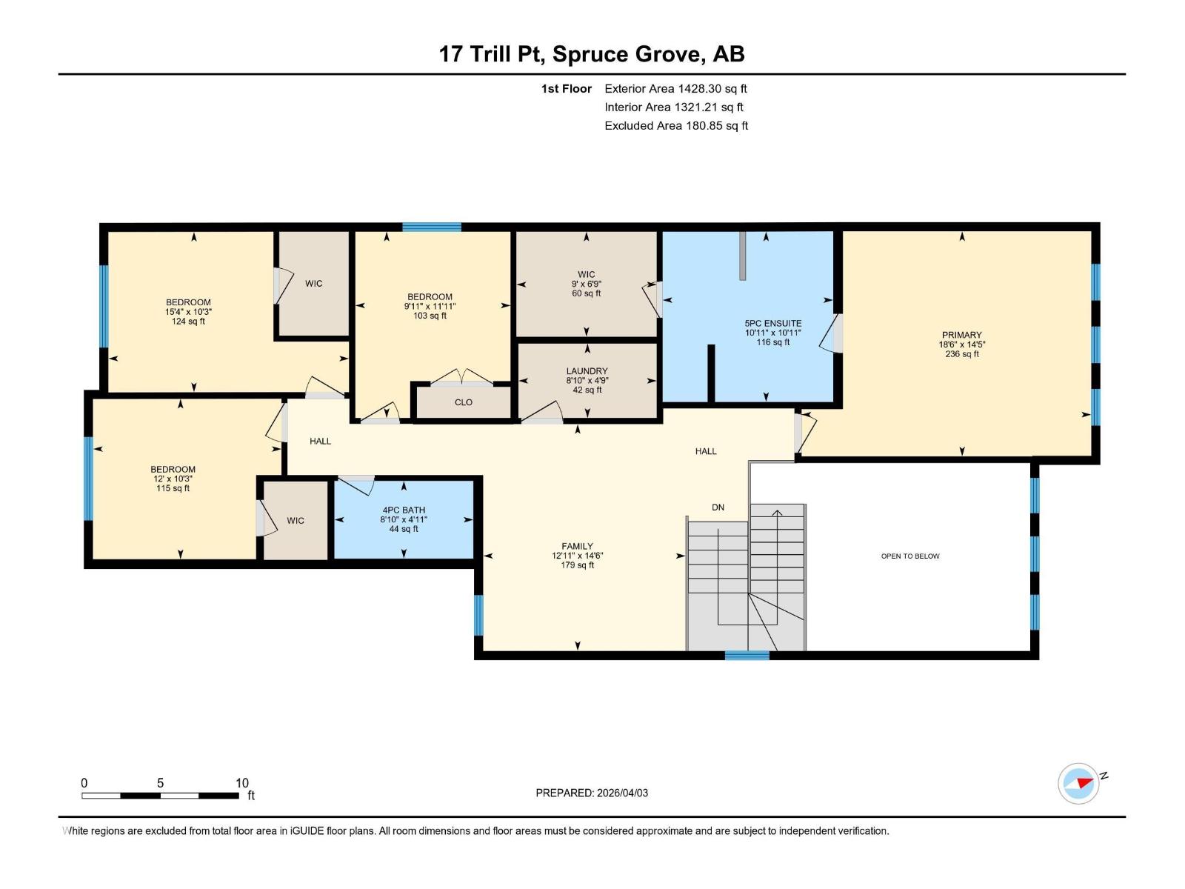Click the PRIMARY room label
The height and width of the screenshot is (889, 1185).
961,335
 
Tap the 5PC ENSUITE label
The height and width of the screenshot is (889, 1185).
773,324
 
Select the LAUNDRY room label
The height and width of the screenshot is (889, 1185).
587,371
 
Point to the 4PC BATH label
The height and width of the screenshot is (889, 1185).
404,510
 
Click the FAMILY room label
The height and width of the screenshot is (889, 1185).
577,546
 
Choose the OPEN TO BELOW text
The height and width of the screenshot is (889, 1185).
910,556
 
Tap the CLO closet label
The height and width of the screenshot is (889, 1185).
463,403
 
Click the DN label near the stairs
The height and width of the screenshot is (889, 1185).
718,507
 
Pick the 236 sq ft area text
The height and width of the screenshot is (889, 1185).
961,354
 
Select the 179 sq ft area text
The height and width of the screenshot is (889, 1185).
577,565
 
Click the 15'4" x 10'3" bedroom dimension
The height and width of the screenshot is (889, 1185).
188,312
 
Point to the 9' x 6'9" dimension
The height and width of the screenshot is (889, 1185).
587,284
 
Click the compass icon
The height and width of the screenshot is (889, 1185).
1078,783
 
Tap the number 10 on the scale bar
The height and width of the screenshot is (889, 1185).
242,782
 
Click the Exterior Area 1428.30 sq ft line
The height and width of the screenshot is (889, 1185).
675,89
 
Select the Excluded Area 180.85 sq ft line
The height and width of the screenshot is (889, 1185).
676,126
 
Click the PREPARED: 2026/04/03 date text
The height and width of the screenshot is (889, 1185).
592,793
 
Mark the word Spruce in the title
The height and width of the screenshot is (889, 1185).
590,55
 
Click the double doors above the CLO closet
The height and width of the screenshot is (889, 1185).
462,377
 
